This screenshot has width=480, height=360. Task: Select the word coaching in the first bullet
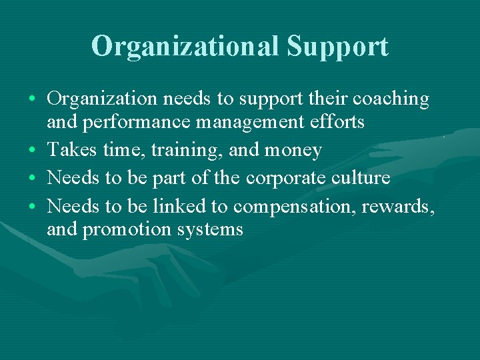pos(391,100)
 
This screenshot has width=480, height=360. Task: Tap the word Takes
pos(69,150)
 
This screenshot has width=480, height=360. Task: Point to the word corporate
pos(285,178)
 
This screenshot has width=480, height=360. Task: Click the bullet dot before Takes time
pos(33,151)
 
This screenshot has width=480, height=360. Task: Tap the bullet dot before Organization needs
pos(33,100)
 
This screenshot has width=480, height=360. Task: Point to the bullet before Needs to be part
pos(33,179)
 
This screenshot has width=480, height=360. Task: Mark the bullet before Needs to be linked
pos(33,207)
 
